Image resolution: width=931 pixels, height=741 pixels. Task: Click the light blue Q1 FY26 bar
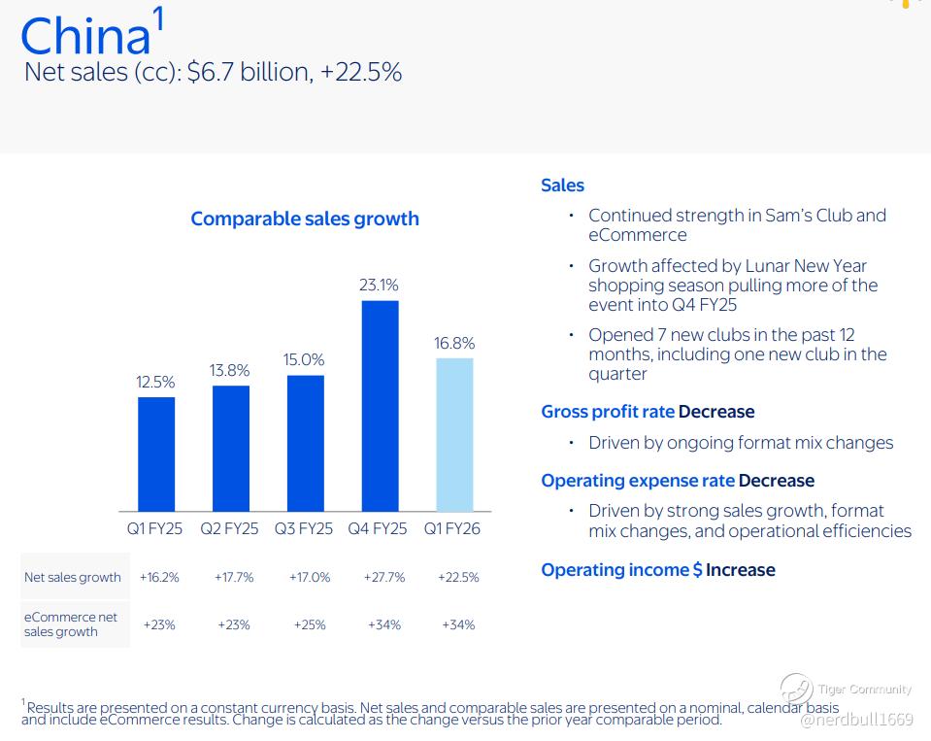point(454,435)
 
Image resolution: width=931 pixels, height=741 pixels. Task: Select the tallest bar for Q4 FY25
point(380,406)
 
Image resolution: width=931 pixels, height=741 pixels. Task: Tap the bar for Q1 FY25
point(156,455)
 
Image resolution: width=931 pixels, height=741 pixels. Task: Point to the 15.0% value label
point(304,359)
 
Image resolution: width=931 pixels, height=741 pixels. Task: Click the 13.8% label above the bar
point(229,371)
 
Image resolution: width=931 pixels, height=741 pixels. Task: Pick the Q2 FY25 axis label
point(229,528)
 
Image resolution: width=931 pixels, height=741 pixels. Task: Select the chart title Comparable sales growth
point(305,219)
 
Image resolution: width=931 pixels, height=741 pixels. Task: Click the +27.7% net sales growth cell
point(384,577)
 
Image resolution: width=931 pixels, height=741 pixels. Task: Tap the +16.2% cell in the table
point(159,577)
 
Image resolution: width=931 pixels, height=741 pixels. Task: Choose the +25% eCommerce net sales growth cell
point(310,624)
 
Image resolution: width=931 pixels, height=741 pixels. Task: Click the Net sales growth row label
point(73,577)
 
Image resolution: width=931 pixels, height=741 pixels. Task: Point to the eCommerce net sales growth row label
point(71,624)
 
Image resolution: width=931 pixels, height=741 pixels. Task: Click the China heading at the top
point(86,36)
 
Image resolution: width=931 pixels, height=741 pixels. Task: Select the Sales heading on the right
point(562,185)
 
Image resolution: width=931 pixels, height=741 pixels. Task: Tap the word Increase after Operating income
point(741,570)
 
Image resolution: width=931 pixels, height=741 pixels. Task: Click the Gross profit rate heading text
point(608,412)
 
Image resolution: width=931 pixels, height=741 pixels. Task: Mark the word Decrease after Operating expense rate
point(777,481)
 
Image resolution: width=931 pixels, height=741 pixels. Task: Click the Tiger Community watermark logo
point(796,690)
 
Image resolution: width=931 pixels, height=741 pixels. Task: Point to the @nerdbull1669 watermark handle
point(857,720)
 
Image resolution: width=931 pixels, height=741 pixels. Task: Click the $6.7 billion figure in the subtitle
point(249,72)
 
